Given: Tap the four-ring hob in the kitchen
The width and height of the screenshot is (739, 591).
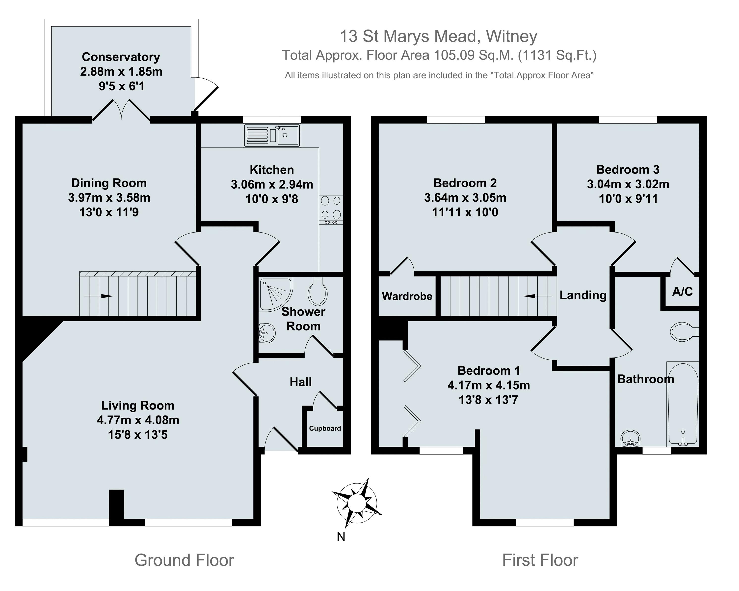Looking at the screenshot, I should coord(331,208).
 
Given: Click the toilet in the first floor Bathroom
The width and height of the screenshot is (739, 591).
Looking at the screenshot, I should coord(683,332).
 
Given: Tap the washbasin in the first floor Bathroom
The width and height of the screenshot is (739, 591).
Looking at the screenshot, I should coord(630,439).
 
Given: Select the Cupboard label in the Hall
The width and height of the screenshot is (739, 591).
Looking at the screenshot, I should coord(325,428).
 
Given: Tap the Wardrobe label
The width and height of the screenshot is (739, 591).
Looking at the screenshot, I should coord(407,296).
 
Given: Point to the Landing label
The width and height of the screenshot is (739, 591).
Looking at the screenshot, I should coord(583,295).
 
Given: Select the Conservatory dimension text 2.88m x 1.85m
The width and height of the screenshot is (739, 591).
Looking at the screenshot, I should coord(121,71).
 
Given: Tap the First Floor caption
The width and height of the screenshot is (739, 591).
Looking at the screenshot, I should coord(540,560).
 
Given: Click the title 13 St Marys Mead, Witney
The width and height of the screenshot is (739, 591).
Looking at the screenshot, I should coord(438,36).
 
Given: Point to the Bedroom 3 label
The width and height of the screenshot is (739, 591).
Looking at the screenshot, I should coord(628,170).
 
